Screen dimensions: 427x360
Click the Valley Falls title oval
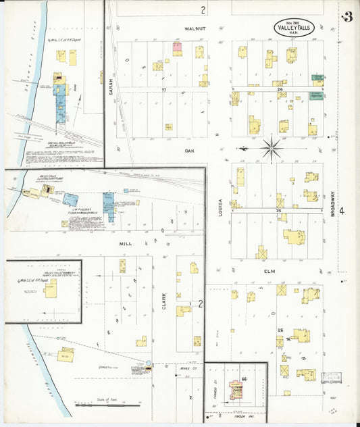click(294, 28)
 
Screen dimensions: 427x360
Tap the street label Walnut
click(195, 29)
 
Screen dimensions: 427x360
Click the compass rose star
click(272, 147)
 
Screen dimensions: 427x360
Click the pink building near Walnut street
click(177, 48)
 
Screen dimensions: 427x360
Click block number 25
click(278, 211)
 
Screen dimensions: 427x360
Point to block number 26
click(280, 330)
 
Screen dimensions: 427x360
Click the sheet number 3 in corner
click(347, 17)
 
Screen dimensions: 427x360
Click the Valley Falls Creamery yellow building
click(49, 290)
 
